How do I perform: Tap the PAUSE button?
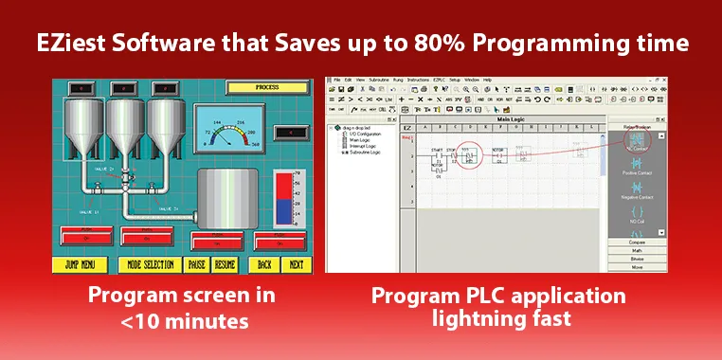coord(197,265)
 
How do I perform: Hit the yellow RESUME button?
coord(226,265)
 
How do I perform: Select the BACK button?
coord(265,265)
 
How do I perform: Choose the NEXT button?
coord(297,265)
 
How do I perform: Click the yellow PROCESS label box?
coord(266,87)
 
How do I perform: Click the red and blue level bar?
coord(283,200)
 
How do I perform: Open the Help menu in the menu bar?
coord(487,80)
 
